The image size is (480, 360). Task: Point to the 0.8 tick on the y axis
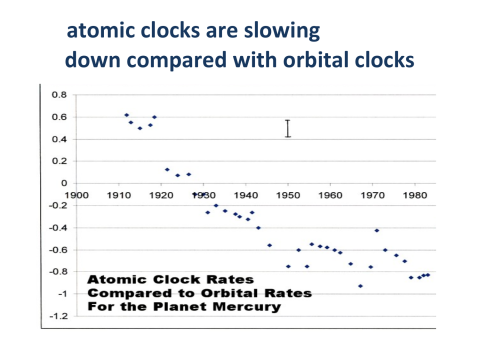click(59, 95)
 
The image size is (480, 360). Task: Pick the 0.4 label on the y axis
click(59, 139)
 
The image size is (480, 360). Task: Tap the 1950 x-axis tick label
click(287, 195)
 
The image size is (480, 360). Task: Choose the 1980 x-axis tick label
click(412, 195)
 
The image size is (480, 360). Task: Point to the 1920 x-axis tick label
click(162, 195)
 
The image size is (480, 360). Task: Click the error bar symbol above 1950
click(287, 128)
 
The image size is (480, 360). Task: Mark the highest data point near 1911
click(126, 115)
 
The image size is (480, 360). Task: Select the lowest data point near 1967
click(360, 286)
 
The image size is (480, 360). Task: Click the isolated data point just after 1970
click(377, 230)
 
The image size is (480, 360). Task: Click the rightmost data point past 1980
click(428, 274)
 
